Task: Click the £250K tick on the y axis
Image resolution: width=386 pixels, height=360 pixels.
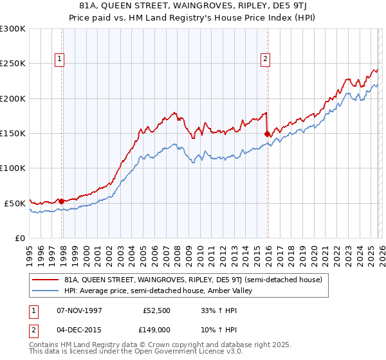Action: pyautogui.click(x=13, y=64)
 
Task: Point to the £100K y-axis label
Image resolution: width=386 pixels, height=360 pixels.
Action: pyautogui.click(x=13, y=168)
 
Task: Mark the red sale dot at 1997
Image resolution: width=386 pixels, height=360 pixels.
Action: pyautogui.click(x=62, y=201)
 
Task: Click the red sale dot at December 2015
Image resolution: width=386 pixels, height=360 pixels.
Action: pyautogui.click(x=267, y=134)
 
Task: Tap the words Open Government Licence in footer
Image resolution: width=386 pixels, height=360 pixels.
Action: pyautogui.click(x=180, y=352)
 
